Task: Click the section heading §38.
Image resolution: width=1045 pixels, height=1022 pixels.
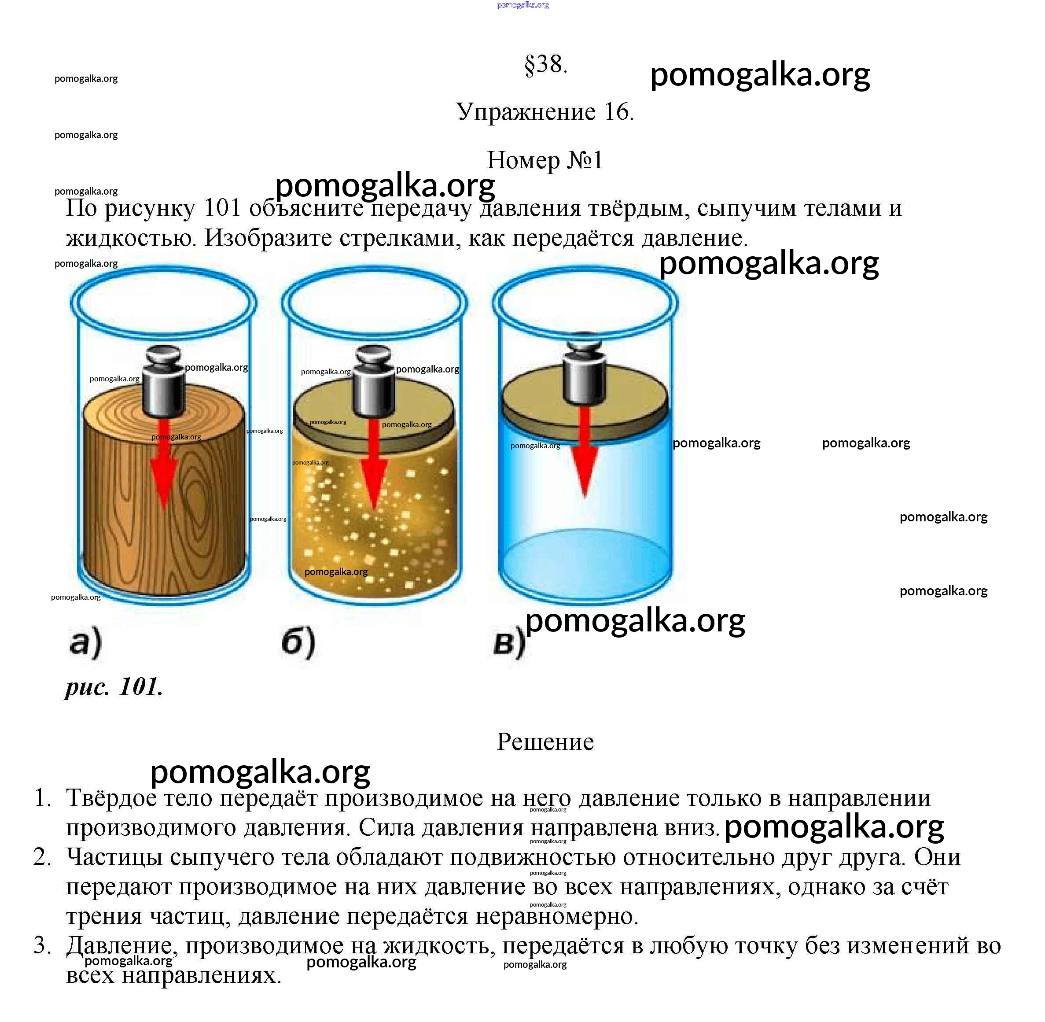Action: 545,65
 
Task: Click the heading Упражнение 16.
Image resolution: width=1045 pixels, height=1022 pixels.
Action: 545,112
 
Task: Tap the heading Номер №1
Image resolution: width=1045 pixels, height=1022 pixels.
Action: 545,160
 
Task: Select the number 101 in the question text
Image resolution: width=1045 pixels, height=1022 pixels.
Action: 222,208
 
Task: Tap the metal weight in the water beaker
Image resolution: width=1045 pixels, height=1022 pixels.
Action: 585,370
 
